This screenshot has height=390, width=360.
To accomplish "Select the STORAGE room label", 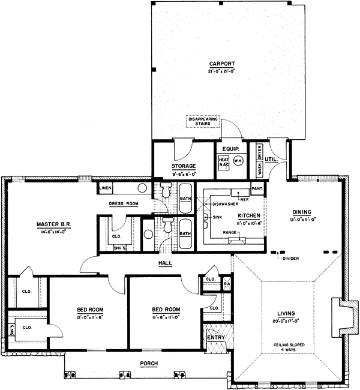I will pyautogui.click(x=184, y=166).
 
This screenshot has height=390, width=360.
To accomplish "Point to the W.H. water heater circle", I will pyautogui.click(x=237, y=161).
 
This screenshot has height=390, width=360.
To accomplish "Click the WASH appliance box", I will pyautogui.click(x=260, y=169).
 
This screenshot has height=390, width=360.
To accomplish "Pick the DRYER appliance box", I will pyautogui.click(x=260, y=153).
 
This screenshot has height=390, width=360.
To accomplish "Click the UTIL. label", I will pyautogui.click(x=278, y=159).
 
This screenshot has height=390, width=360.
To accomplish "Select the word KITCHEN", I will pyautogui.click(x=248, y=215).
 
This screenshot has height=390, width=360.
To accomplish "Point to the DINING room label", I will pyautogui.click(x=301, y=212).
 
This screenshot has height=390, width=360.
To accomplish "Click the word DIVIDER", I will pyautogui.click(x=290, y=259).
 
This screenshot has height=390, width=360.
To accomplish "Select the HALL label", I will pyautogui.click(x=165, y=263).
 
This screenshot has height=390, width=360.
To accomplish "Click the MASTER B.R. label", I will pyautogui.click(x=54, y=224).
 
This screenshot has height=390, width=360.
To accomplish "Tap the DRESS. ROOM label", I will pyautogui.click(x=124, y=204).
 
